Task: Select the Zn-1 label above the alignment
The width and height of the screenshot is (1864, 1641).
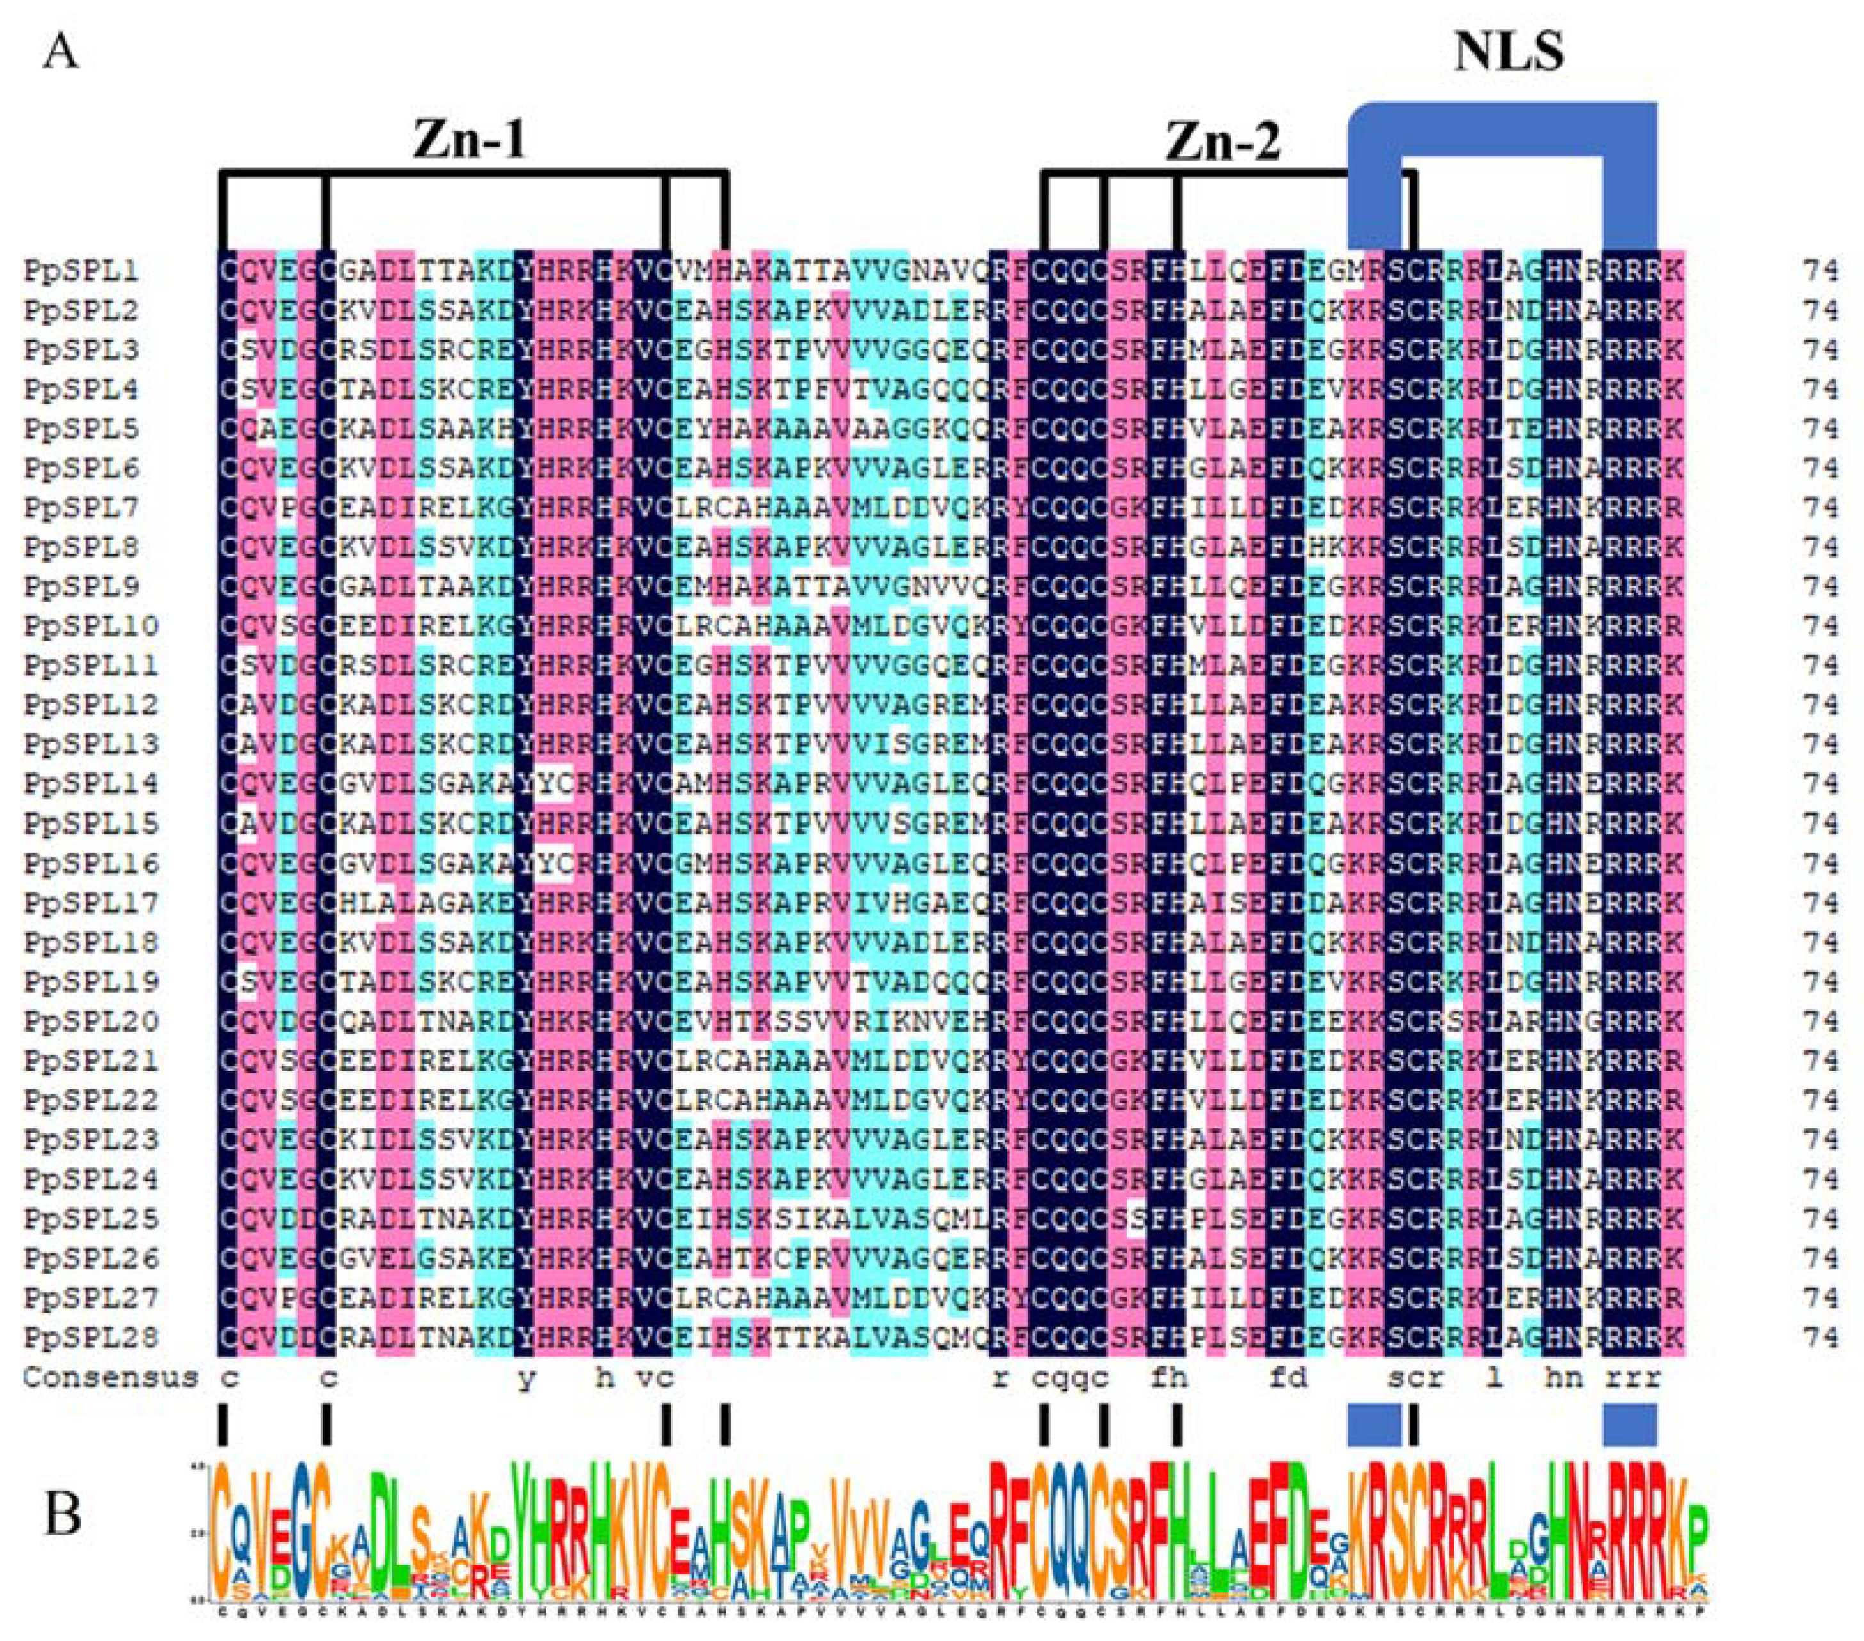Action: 469,141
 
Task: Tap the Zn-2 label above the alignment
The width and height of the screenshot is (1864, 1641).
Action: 1224,141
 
